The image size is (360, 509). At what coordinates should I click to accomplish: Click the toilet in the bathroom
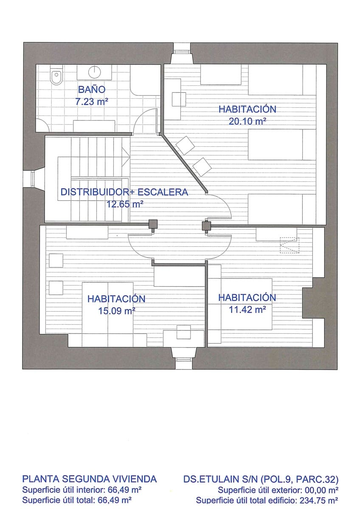click(56, 77)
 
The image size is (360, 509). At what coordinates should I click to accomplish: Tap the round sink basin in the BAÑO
click(94, 71)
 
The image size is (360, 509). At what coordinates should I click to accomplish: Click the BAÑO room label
click(91, 89)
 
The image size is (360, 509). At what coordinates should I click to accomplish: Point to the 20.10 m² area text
click(247, 121)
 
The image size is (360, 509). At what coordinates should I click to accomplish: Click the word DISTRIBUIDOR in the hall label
click(94, 192)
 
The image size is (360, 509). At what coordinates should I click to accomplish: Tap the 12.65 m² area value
click(124, 204)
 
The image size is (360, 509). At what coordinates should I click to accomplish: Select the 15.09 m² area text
click(116, 310)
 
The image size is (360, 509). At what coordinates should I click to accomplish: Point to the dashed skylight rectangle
click(289, 245)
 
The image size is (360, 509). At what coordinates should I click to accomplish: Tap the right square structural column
click(206, 226)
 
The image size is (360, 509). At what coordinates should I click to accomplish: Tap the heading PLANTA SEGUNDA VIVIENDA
click(90, 479)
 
